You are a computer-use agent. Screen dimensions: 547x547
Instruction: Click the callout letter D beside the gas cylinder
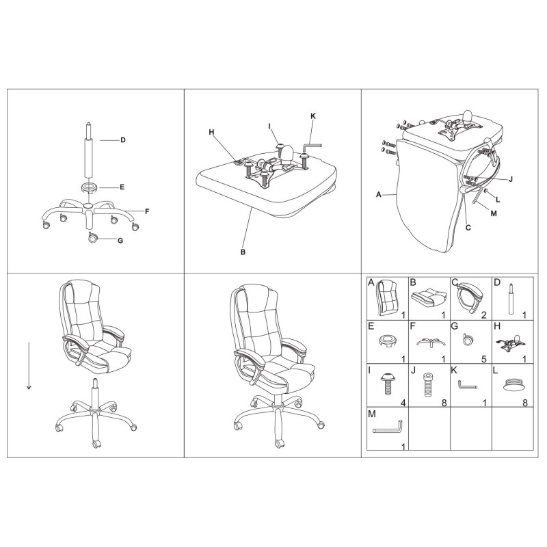(x=123, y=140)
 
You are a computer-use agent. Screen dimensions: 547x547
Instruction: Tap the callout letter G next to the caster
(x=120, y=241)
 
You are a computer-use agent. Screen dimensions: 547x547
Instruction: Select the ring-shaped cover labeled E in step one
(x=90, y=187)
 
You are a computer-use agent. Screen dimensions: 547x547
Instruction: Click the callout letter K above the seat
(x=313, y=116)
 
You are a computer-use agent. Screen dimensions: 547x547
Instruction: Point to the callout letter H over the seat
(x=211, y=132)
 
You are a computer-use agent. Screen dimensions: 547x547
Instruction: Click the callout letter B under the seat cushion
(x=243, y=252)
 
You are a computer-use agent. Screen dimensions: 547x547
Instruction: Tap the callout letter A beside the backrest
(x=379, y=195)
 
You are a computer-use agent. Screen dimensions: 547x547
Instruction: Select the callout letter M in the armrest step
(x=494, y=213)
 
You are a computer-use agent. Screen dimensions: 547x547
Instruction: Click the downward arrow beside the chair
(x=29, y=366)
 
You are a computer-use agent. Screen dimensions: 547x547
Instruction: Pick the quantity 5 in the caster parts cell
(x=484, y=359)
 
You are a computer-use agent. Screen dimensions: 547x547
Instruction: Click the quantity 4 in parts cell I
(x=403, y=403)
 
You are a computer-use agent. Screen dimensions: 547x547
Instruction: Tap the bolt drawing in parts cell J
(x=426, y=385)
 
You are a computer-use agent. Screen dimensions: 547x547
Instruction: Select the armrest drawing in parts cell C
(x=470, y=297)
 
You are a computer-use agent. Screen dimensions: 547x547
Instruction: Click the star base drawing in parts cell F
(x=431, y=343)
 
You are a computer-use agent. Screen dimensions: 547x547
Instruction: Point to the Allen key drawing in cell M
(x=388, y=428)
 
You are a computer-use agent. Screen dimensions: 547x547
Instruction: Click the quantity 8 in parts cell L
(x=525, y=403)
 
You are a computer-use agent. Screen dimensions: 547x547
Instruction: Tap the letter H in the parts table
(x=498, y=327)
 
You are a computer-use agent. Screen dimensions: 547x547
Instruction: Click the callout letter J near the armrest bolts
(x=511, y=179)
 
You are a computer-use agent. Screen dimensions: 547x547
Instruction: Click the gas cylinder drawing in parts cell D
(x=511, y=299)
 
